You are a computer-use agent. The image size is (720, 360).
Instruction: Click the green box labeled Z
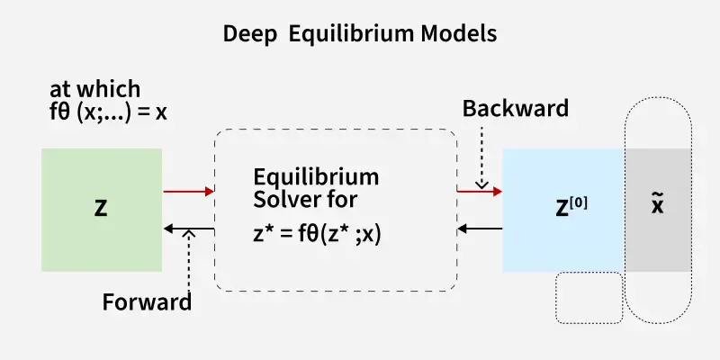click(102, 210)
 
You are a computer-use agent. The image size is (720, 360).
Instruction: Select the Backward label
click(515, 109)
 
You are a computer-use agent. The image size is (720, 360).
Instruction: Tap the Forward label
click(147, 301)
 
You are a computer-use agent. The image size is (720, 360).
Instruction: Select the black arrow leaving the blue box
click(479, 229)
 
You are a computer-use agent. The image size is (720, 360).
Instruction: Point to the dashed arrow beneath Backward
click(481, 157)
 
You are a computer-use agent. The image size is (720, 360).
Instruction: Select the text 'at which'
click(95, 88)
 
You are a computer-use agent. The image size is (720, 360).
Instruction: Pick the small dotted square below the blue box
click(589, 297)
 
